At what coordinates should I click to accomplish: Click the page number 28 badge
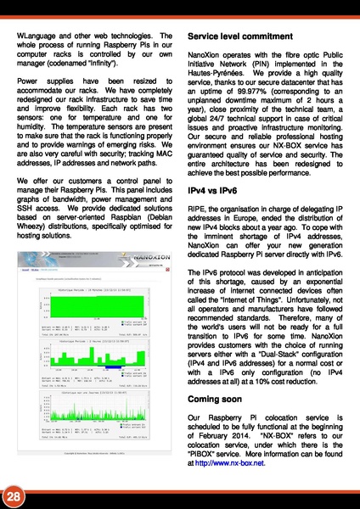pos(14,495)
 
